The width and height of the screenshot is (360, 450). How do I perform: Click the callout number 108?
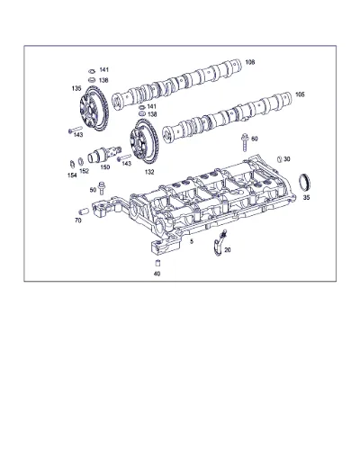(250, 62)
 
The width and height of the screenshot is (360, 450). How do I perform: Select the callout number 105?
(300, 94)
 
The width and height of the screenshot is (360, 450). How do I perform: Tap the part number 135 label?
(76, 88)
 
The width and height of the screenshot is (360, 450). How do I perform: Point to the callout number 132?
(149, 172)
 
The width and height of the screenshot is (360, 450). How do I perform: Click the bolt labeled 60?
(245, 143)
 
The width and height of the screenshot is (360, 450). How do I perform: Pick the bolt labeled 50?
(102, 188)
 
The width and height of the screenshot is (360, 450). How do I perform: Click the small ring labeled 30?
(279, 159)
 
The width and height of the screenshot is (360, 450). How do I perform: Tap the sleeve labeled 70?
(84, 211)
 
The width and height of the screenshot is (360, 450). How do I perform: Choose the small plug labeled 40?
(157, 263)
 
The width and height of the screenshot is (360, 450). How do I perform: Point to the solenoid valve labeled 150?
(103, 154)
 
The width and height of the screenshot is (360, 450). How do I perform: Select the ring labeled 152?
(81, 161)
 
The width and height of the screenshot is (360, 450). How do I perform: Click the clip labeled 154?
(72, 164)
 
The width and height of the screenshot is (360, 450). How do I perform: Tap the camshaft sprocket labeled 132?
(144, 141)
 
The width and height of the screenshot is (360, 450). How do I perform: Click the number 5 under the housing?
(192, 241)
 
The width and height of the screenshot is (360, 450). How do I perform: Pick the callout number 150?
(105, 167)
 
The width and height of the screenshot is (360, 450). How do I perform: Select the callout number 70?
(78, 220)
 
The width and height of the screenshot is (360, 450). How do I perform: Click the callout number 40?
(157, 274)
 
